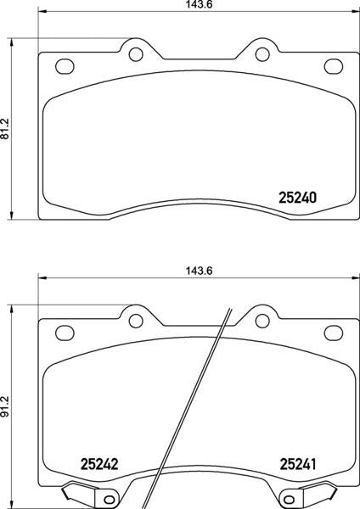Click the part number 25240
297,198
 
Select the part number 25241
298,464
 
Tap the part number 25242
99,464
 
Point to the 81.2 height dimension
5,129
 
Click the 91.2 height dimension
5,406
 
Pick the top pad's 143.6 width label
200,4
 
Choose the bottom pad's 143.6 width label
200,271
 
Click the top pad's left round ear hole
136,54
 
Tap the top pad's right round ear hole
262,54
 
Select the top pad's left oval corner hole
65,66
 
